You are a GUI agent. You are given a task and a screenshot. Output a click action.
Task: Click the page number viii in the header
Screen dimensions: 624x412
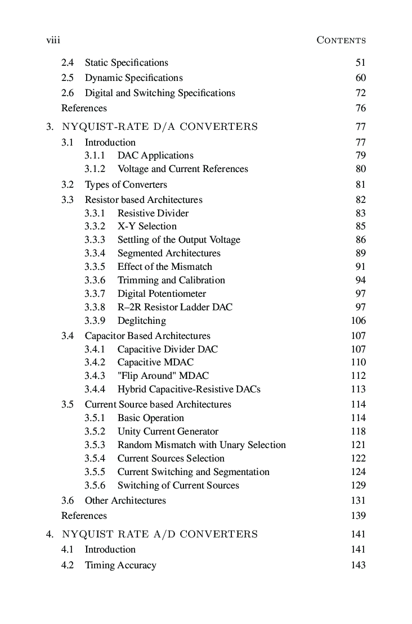pos(53,40)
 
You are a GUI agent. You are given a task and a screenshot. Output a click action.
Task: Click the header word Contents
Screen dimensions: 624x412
pos(341,40)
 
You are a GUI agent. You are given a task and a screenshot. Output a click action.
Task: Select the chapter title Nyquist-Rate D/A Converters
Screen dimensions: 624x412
pos(160,126)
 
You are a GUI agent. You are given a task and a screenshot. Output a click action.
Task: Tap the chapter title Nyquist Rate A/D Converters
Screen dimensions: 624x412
pos(160,534)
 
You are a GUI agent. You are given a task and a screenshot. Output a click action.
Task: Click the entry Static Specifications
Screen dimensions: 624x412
pos(126,62)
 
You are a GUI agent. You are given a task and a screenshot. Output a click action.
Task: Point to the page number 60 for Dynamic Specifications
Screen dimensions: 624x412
pos(360,78)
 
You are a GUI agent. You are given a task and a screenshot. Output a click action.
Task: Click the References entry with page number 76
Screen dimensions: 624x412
pos(84,108)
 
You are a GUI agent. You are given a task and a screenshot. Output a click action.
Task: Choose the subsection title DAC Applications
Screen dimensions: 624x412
pos(155,155)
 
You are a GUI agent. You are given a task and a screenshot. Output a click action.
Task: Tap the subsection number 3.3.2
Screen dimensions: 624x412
pos(95,226)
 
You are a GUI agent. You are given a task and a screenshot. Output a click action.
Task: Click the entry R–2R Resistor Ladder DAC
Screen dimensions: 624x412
pos(174,307)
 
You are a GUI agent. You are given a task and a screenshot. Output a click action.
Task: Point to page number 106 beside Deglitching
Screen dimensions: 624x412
pos(358,320)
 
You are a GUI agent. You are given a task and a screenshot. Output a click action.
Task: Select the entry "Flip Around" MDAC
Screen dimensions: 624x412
pos(163,376)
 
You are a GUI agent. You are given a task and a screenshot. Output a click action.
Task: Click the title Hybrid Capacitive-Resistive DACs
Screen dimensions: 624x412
pos(189,389)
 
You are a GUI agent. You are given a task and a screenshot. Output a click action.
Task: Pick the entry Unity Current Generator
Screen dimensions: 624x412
pos(168,431)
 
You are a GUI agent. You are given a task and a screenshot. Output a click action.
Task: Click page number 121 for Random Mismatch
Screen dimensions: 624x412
pos(358,445)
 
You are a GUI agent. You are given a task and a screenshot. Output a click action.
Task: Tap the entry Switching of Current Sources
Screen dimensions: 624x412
pos(178,485)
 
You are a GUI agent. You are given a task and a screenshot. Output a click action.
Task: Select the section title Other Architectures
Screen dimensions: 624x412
pos(125,500)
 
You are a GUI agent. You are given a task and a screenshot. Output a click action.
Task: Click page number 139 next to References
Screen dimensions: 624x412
pos(358,516)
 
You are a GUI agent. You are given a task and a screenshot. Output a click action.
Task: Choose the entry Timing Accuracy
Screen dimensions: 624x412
pos(120,565)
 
